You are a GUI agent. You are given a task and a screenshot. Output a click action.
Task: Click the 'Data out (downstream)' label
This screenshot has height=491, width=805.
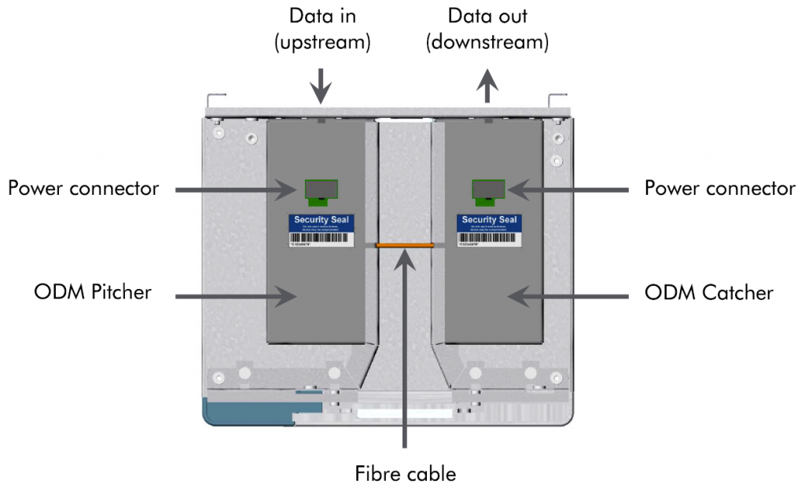(x=487, y=29)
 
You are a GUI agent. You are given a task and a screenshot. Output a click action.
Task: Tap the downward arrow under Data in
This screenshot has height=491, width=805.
(x=321, y=85)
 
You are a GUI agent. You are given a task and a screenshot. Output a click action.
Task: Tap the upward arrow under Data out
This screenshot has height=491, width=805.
(x=488, y=85)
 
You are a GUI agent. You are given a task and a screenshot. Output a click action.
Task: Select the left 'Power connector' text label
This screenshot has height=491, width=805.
(x=83, y=189)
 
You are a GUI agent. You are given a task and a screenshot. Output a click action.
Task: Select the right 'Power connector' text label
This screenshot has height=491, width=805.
(x=719, y=189)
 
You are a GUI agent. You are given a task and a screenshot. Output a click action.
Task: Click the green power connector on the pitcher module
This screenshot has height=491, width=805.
(x=321, y=189)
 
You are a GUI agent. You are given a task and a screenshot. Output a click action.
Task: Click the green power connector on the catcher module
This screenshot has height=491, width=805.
(x=487, y=189)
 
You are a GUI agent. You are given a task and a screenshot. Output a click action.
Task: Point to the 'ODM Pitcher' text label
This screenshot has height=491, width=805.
(x=93, y=293)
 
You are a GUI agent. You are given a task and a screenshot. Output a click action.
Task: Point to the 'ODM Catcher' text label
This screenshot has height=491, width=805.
(x=709, y=293)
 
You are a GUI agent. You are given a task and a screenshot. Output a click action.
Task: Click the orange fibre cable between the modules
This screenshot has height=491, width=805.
(x=405, y=245)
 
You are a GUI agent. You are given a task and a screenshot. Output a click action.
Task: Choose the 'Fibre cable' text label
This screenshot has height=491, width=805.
(x=405, y=474)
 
